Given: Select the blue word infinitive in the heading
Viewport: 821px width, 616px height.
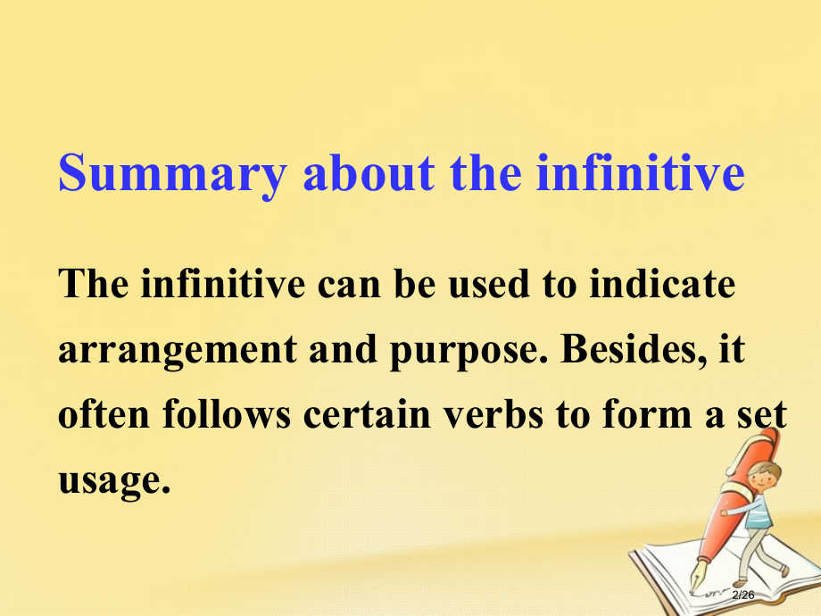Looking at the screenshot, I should tap(640, 173).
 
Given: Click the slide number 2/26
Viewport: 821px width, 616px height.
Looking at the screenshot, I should tap(743, 595).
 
